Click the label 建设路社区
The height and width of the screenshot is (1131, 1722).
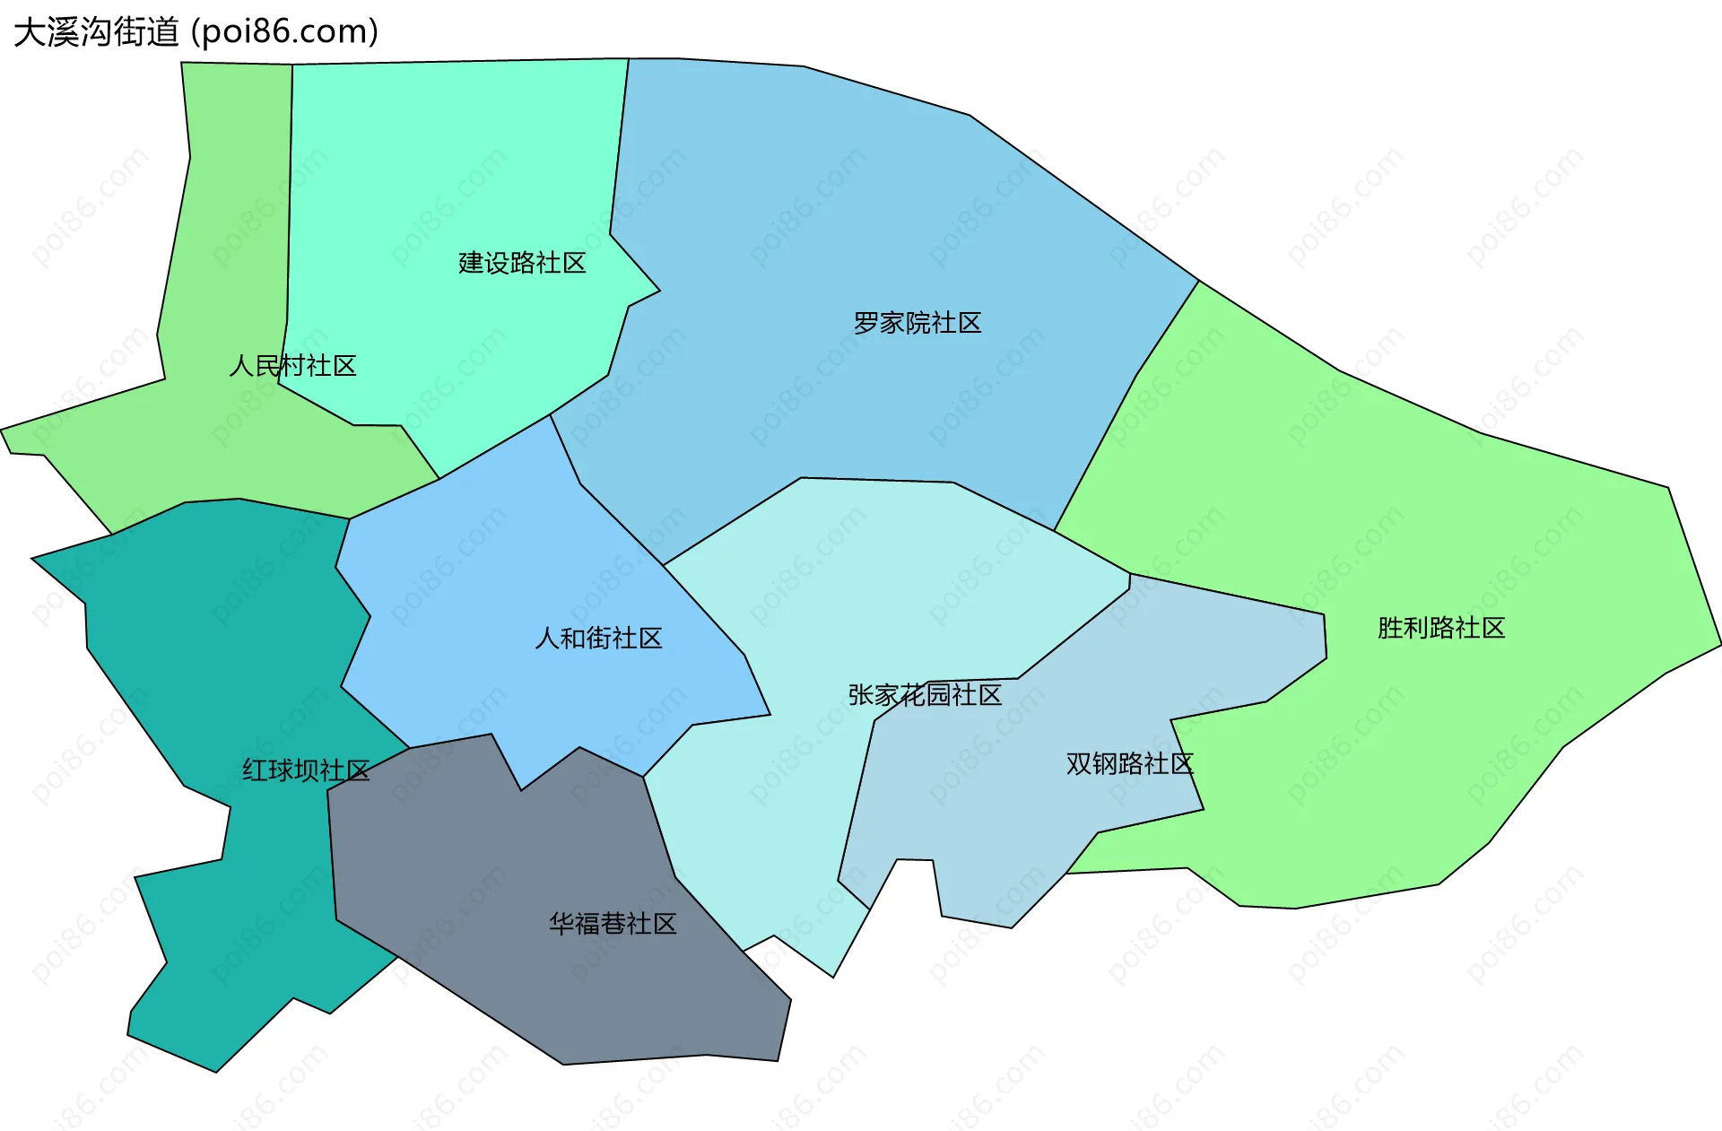point(522,263)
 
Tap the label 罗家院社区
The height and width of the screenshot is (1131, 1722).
point(917,323)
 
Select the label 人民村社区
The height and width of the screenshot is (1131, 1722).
point(292,366)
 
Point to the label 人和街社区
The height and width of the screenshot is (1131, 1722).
point(598,639)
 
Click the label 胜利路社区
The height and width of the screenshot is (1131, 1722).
point(1440,628)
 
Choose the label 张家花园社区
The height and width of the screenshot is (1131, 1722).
point(925,695)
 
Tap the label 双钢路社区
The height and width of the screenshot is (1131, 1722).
point(1129,764)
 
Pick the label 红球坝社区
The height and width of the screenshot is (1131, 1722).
point(306,770)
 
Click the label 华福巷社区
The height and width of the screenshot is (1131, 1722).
point(613,924)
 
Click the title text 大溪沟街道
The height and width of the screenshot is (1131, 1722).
point(97,32)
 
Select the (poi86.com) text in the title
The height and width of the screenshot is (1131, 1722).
point(284,32)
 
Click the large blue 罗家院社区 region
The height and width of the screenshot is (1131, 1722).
point(852,224)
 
